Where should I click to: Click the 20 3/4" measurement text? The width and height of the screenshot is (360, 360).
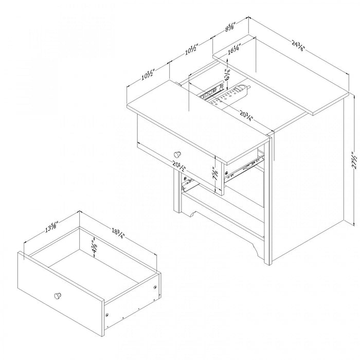(x=245, y=116)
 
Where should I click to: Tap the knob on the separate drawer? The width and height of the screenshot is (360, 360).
(x=58, y=296)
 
